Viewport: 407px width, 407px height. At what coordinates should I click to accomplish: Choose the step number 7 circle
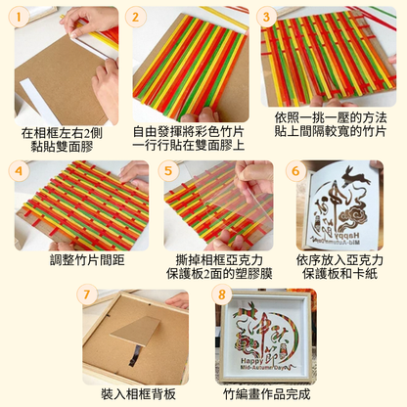click(88, 294)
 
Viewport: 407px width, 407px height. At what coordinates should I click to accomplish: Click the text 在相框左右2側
click(66, 132)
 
